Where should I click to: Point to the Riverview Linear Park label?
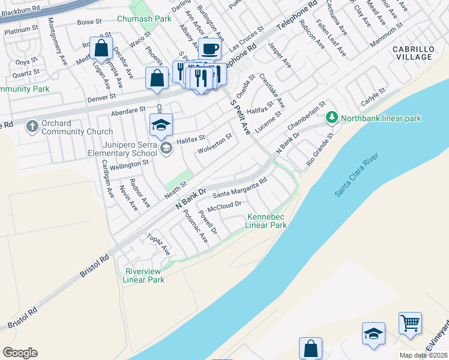(x=143, y=275)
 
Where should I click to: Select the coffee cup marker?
(x=209, y=49)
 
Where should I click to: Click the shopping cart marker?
(x=410, y=323)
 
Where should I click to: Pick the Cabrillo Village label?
(x=412, y=52)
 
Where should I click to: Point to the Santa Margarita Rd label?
(x=240, y=189)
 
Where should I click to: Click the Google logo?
(x=20, y=353)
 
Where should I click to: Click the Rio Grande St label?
(x=319, y=152)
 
